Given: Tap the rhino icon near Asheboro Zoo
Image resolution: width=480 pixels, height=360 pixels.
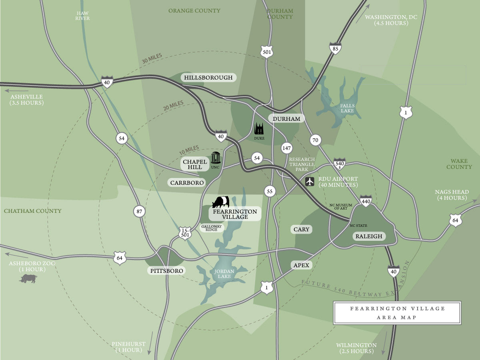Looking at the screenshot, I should pos(28,278).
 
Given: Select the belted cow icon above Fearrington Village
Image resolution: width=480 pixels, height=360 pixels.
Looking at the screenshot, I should pos(221,202).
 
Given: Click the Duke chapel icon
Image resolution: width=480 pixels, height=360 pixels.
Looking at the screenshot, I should pos(259,129).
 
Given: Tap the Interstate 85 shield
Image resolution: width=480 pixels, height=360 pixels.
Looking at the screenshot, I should pos(335,48).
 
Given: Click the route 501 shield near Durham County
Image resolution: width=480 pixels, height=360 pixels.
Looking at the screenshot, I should pos(267,51).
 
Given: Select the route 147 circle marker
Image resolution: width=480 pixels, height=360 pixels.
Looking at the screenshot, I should pos(286,148).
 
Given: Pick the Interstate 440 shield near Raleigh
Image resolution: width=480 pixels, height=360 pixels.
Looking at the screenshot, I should pos(366,201).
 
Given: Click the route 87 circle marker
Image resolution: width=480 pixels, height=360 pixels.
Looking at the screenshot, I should pos(139,212).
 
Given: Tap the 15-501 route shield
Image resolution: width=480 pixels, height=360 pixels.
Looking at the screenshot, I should pos(185,232).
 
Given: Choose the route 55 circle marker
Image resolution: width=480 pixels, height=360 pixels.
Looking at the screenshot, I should pos(270,191).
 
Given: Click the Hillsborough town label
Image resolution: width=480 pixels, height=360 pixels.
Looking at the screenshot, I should pos(208,78).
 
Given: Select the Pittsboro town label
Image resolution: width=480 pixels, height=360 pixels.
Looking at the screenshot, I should pos(167,271).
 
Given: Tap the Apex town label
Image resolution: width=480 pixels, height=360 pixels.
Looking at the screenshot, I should pos(301,265).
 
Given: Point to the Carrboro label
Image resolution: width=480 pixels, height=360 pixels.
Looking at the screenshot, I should pos(187,183).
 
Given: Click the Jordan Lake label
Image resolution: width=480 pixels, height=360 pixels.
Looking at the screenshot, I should pos(224,274).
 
